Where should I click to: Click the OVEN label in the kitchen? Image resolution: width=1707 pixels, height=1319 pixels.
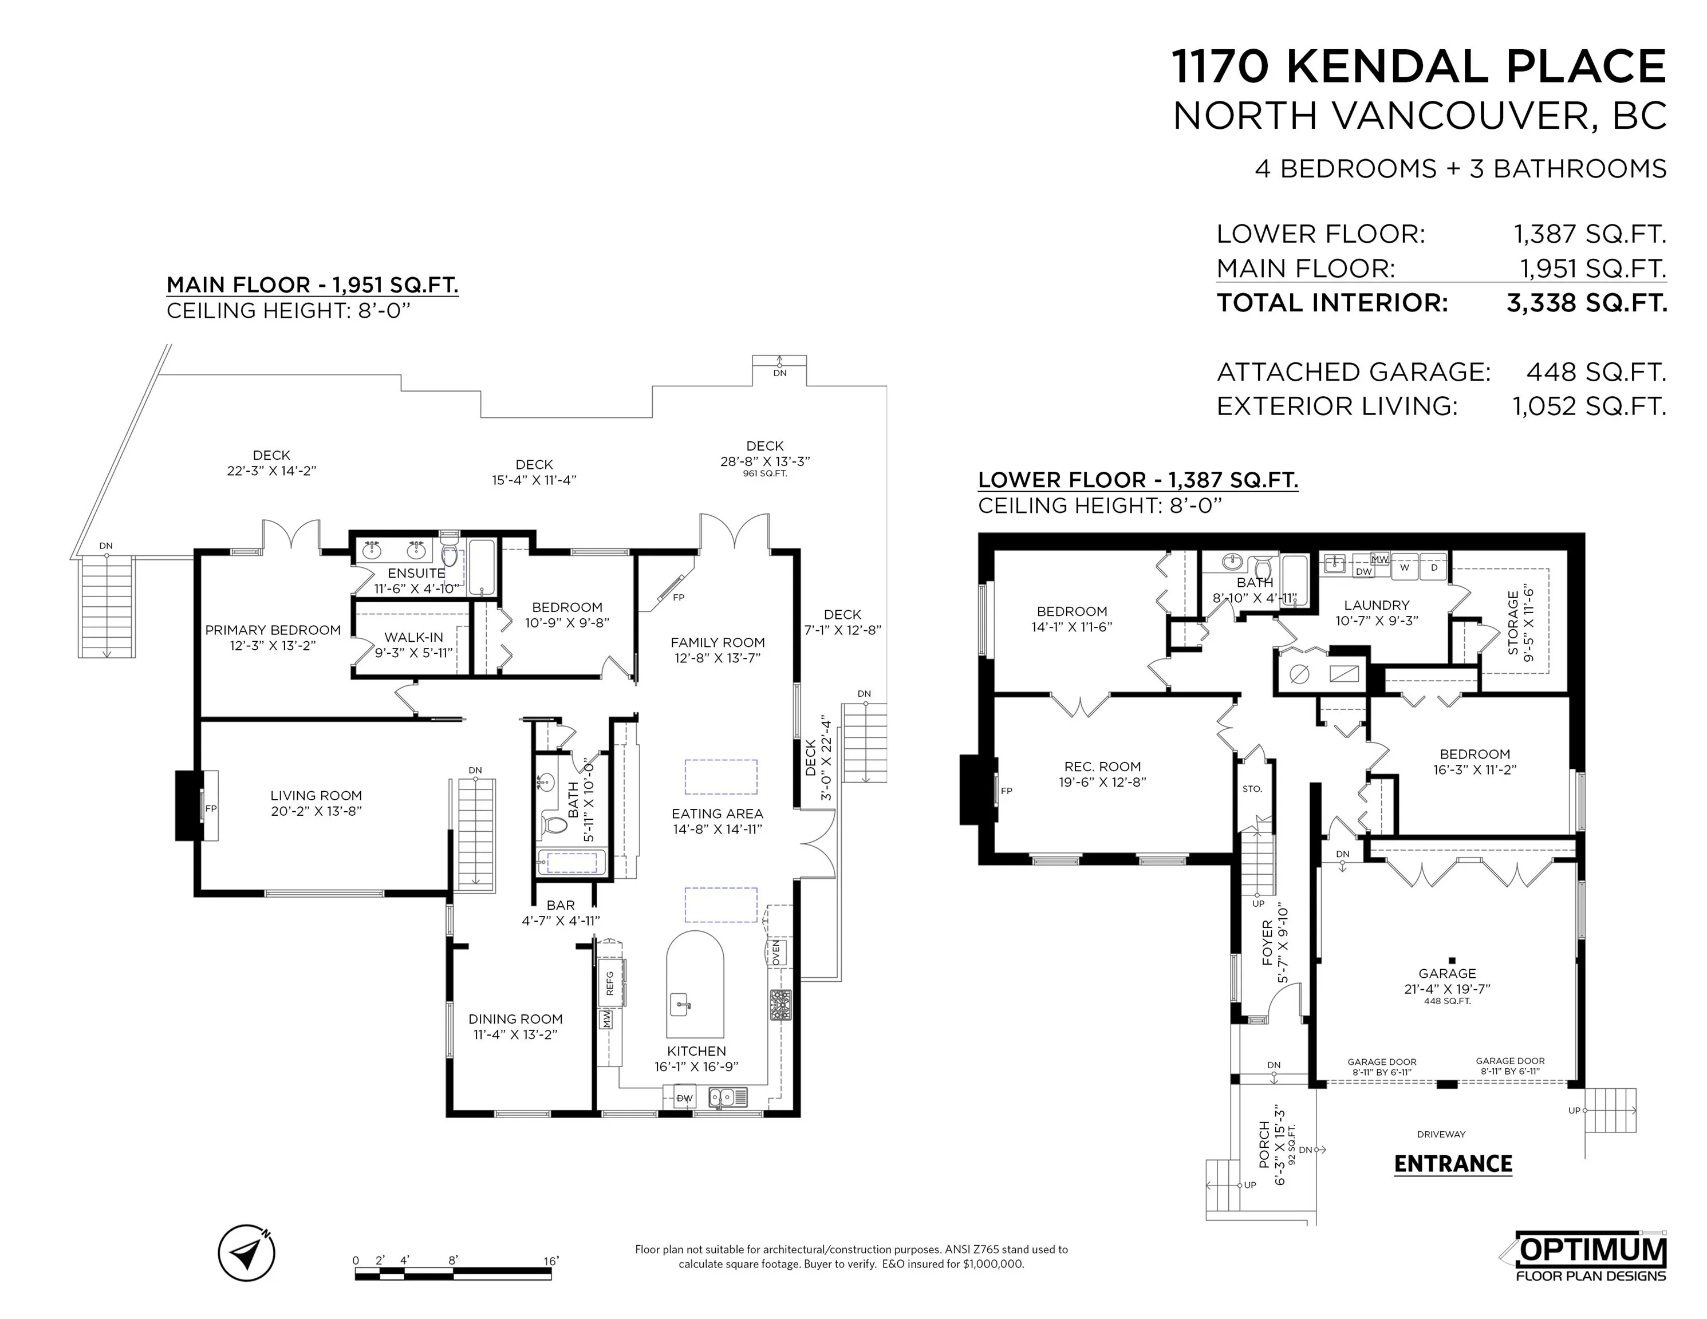click(776, 953)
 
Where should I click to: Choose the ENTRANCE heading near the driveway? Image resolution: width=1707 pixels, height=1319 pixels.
click(1453, 1164)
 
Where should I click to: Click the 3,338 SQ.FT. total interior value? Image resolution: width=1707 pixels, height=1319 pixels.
click(1587, 302)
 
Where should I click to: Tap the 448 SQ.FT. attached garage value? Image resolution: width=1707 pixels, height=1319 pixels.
click(1596, 372)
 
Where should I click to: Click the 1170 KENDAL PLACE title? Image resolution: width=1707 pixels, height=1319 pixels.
click(1418, 66)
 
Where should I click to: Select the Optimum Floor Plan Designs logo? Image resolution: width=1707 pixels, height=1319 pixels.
click(1591, 1257)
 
